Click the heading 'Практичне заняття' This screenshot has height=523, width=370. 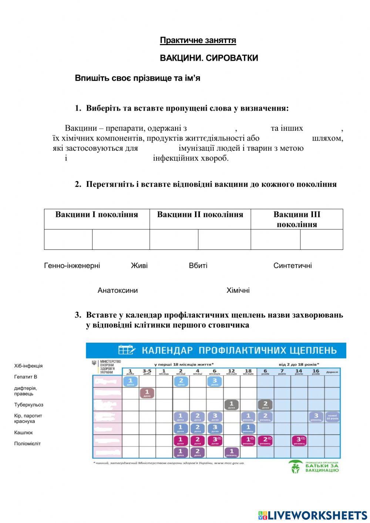[198, 40]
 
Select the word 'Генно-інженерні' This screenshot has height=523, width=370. [72, 266]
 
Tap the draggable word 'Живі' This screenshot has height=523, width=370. [139, 266]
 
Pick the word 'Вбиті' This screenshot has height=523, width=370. [198, 266]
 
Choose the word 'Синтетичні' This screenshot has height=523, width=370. [292, 266]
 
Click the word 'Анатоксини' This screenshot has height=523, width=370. [118, 291]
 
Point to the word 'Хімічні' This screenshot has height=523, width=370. [238, 291]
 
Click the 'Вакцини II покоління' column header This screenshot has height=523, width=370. [200, 215]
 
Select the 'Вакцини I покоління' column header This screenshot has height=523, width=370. [97, 215]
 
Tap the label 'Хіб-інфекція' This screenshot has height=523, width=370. [28, 366]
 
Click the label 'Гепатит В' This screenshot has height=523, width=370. [26, 377]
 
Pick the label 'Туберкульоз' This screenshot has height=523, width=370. [29, 405]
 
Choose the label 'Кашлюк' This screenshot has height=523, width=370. [24, 433]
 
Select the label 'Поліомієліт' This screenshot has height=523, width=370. [28, 444]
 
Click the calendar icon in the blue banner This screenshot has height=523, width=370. [127, 350]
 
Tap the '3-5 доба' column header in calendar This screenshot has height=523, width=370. [147, 371]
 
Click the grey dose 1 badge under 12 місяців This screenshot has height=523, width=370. [231, 405]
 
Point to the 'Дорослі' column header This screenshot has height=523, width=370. [332, 372]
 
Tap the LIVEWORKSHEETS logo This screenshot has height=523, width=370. [312, 515]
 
